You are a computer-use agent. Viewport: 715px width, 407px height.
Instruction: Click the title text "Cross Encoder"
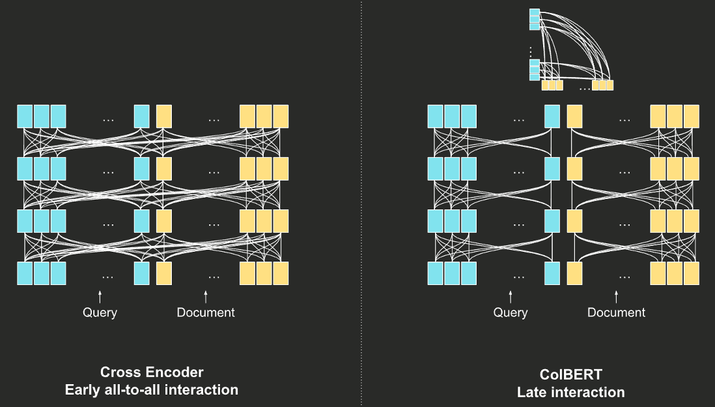(152, 372)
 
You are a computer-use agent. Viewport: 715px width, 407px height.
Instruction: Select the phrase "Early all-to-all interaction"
(152, 390)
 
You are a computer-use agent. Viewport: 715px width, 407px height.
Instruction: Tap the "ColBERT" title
(571, 375)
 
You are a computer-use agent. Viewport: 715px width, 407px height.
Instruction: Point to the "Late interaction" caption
(571, 392)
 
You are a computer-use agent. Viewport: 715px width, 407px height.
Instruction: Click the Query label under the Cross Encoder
(100, 312)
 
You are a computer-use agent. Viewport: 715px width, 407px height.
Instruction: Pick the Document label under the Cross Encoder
(206, 312)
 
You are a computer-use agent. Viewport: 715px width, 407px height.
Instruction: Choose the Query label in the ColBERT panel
(511, 312)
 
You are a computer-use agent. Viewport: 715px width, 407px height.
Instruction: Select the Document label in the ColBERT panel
(616, 312)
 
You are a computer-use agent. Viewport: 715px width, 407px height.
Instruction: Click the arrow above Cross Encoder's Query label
(100, 297)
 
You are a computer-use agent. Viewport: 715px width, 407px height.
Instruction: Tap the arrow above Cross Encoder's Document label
(206, 297)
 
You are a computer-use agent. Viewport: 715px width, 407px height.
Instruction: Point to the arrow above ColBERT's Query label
(511, 297)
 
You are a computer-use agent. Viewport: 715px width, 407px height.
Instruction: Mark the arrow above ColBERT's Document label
(617, 297)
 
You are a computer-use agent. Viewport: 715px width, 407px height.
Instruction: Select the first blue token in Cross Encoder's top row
(25, 116)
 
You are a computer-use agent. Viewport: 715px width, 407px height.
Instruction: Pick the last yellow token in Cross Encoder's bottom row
(281, 273)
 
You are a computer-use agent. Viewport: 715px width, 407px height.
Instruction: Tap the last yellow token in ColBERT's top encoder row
(692, 116)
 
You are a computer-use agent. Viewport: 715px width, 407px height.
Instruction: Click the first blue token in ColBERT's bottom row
(436, 273)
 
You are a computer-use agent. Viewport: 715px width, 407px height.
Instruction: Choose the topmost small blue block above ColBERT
(535, 14)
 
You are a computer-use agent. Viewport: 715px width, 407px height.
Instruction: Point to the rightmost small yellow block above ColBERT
(610, 85)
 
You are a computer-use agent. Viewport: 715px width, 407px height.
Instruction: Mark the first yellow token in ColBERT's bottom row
(574, 273)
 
